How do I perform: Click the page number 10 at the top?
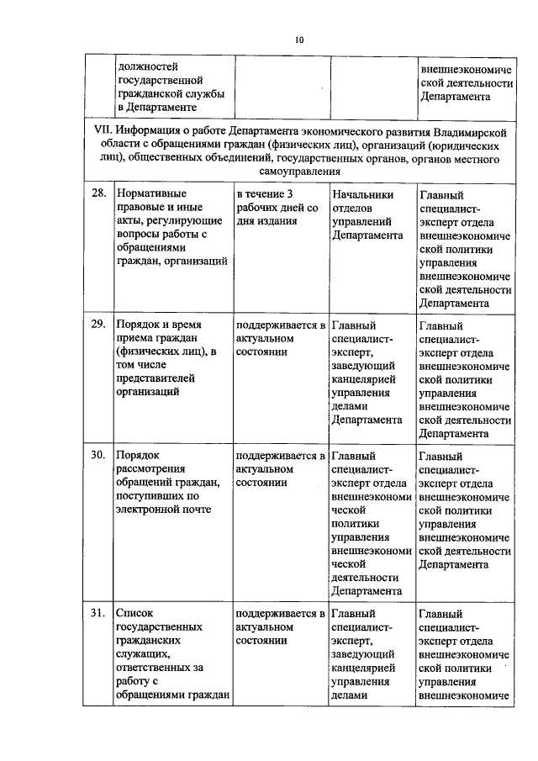pyautogui.click(x=299, y=40)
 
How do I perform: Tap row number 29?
pyautogui.click(x=98, y=325)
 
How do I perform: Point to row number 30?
pyautogui.click(x=98, y=455)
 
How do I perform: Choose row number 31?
pyautogui.click(x=98, y=614)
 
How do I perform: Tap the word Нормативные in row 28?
pyautogui.click(x=151, y=193)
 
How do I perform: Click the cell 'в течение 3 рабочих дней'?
pyautogui.click(x=277, y=208)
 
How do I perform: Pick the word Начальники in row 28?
pyautogui.click(x=362, y=193)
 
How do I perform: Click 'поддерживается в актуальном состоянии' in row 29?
pyautogui.click(x=281, y=338)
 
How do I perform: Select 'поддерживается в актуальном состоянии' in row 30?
pyautogui.click(x=281, y=468)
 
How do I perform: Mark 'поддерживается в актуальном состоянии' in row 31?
pyautogui.click(x=281, y=626)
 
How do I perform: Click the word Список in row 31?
pyautogui.click(x=135, y=614)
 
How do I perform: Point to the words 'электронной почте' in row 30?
pyautogui.click(x=164, y=508)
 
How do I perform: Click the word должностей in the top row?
pyautogui.click(x=148, y=65)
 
